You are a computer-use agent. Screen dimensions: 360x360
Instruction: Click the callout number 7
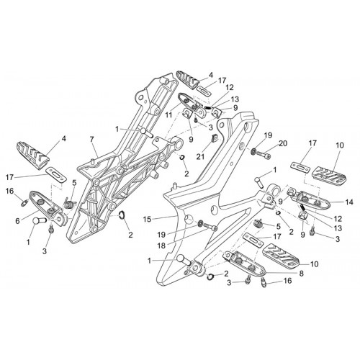[91, 139]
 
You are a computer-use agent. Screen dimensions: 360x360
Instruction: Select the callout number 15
[148, 219]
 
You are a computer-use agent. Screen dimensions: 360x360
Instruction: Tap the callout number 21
[200, 157]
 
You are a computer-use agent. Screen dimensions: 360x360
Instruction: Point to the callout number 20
[283, 143]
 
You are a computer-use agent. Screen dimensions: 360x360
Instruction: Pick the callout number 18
[161, 245]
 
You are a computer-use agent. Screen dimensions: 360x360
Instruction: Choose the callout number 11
[168, 115]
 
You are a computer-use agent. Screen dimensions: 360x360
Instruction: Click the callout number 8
[301, 274]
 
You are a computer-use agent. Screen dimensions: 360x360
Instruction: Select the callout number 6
[17, 221]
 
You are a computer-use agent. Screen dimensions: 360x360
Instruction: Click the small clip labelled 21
[214, 138]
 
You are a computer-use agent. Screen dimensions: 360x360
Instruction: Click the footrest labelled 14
[310, 198]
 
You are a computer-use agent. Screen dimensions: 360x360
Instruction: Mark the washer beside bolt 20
[253, 151]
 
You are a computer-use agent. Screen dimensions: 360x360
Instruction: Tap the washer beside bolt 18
[199, 224]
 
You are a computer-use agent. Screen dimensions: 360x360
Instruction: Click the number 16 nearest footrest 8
[287, 281]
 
